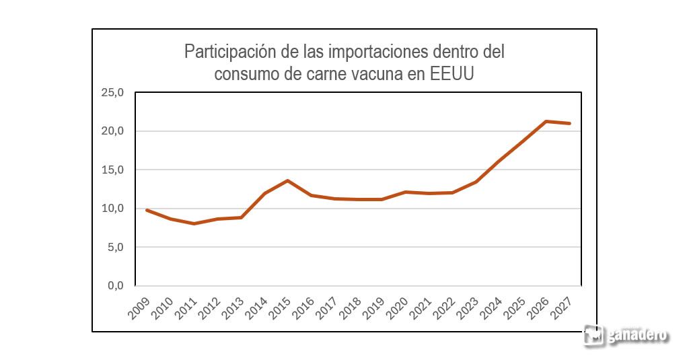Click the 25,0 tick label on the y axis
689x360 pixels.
[112, 92]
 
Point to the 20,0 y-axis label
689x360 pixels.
[112, 131]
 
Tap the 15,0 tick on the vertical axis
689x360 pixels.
[112, 170]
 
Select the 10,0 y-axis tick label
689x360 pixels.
[112, 209]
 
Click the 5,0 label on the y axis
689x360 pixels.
[115, 247]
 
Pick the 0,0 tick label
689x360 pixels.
[115, 286]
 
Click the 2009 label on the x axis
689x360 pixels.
[139, 308]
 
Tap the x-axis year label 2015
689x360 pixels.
[280, 308]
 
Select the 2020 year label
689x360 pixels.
[397, 308]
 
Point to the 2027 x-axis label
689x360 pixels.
[562, 308]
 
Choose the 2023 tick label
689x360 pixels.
[468, 308]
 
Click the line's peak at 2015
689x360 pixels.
[287, 180]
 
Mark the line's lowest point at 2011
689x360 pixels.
[194, 223]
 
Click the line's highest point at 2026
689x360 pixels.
[546, 121]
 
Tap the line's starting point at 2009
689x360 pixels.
[147, 210]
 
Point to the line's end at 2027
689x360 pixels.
[569, 124]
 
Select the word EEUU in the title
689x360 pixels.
[451, 73]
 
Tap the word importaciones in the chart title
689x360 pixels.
[378, 52]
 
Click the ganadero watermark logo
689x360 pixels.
[626, 335]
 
